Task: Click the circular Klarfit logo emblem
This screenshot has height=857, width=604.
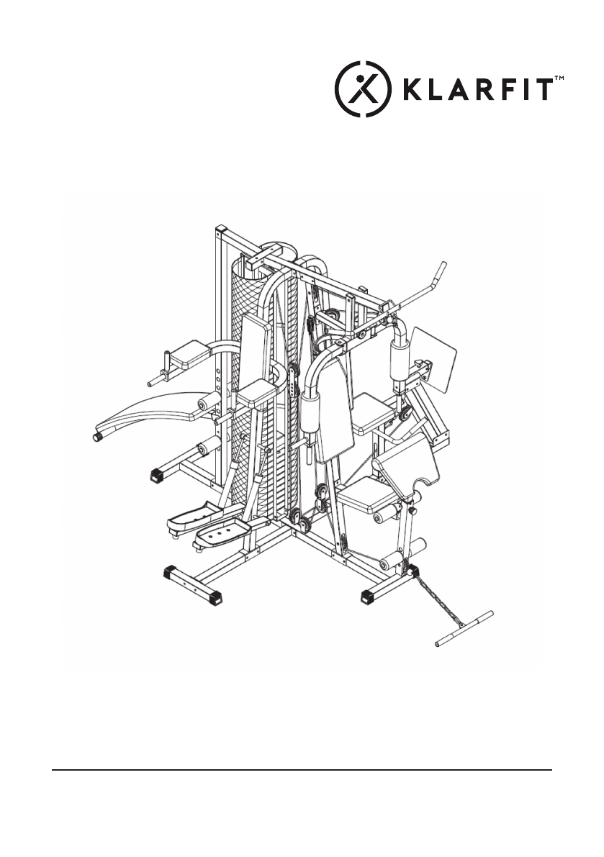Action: [x=363, y=89]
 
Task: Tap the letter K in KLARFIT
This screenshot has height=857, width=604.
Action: [x=413, y=89]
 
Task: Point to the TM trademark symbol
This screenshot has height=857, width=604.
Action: [x=559, y=78]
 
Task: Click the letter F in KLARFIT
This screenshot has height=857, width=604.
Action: [x=505, y=89]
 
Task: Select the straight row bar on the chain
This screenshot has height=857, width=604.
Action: [x=464, y=629]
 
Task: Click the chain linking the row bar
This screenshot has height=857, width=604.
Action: [x=437, y=597]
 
